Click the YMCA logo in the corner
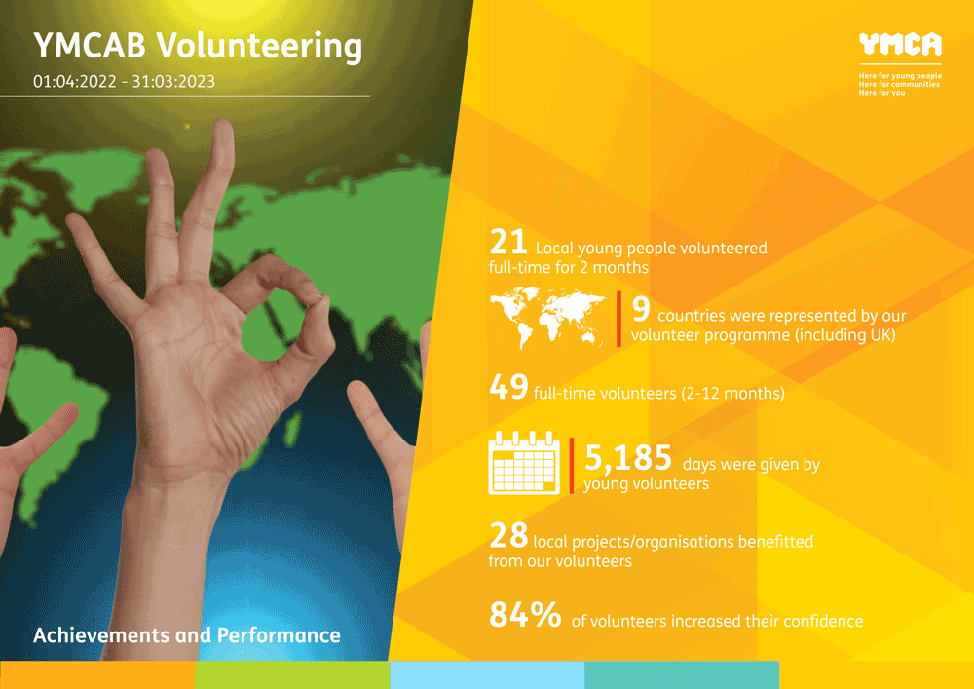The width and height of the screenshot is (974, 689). click(900, 44)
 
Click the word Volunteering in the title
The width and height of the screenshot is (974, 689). click(259, 47)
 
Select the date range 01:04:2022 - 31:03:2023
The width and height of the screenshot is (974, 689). click(125, 82)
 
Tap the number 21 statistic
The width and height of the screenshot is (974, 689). click(508, 242)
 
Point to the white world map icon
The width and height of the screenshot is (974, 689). click(547, 318)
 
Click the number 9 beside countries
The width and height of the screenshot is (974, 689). click(641, 309)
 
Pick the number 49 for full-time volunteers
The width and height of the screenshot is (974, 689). click(508, 387)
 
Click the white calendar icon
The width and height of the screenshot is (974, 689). click(524, 463)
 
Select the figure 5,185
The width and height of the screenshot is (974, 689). click(628, 458)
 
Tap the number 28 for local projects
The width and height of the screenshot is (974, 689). click(508, 536)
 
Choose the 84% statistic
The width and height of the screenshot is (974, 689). click(525, 614)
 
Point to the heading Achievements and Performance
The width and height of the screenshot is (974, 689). click(186, 635)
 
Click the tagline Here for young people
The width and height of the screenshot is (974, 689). click(900, 76)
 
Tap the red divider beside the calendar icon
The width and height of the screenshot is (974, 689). click(572, 465)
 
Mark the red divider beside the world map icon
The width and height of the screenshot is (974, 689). click(618, 319)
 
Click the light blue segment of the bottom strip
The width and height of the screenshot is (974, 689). click(487, 674)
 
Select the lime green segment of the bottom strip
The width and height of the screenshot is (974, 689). click(292, 674)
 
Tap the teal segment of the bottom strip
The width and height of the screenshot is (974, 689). click(682, 674)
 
